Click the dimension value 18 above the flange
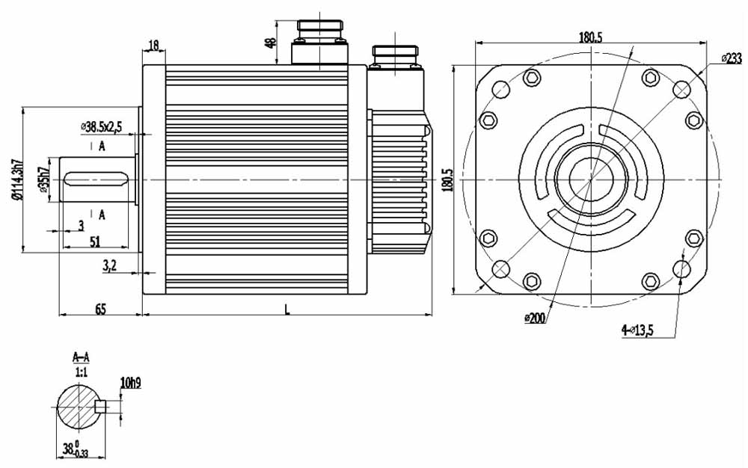pyautogui.click(x=154, y=46)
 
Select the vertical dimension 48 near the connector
pyautogui.click(x=271, y=43)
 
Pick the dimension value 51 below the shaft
pyautogui.click(x=95, y=241)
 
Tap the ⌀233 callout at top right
pyautogui.click(x=731, y=58)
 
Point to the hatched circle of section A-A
pyautogui.click(x=79, y=407)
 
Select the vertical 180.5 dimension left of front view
pyautogui.click(x=447, y=179)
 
